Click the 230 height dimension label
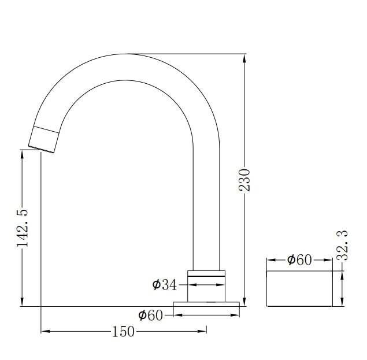click(x=244, y=180)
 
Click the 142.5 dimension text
click(x=23, y=228)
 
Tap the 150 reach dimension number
click(x=124, y=332)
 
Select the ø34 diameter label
click(x=165, y=285)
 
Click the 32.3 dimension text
click(x=343, y=246)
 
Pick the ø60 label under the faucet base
click(x=150, y=315)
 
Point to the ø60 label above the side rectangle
click(x=299, y=260)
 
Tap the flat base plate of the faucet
click(x=206, y=304)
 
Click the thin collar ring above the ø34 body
click(x=206, y=273)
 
